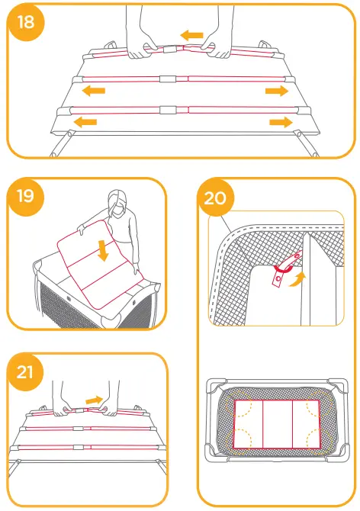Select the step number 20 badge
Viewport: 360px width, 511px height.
tap(215, 198)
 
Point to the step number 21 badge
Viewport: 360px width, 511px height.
tap(25, 373)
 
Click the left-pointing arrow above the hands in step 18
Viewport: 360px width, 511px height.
tap(192, 35)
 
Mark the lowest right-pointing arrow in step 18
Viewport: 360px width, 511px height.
tap(280, 121)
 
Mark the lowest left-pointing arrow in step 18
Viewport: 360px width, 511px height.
tap(85, 121)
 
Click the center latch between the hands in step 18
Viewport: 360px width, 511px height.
tap(180, 47)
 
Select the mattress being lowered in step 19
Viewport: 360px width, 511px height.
tap(95, 263)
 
